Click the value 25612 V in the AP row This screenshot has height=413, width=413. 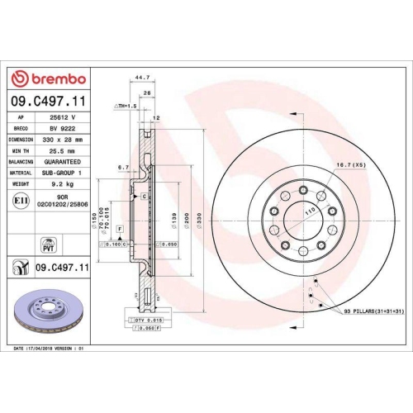pyautogui.click(x=61, y=118)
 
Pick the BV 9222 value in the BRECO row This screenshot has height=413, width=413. pyautogui.click(x=61, y=130)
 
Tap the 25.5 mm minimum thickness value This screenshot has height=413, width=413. pyautogui.click(x=61, y=152)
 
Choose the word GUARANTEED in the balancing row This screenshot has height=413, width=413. pyautogui.click(x=63, y=164)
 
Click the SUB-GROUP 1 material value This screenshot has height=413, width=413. pyautogui.click(x=62, y=174)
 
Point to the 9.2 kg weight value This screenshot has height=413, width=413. pyautogui.click(x=62, y=186)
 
